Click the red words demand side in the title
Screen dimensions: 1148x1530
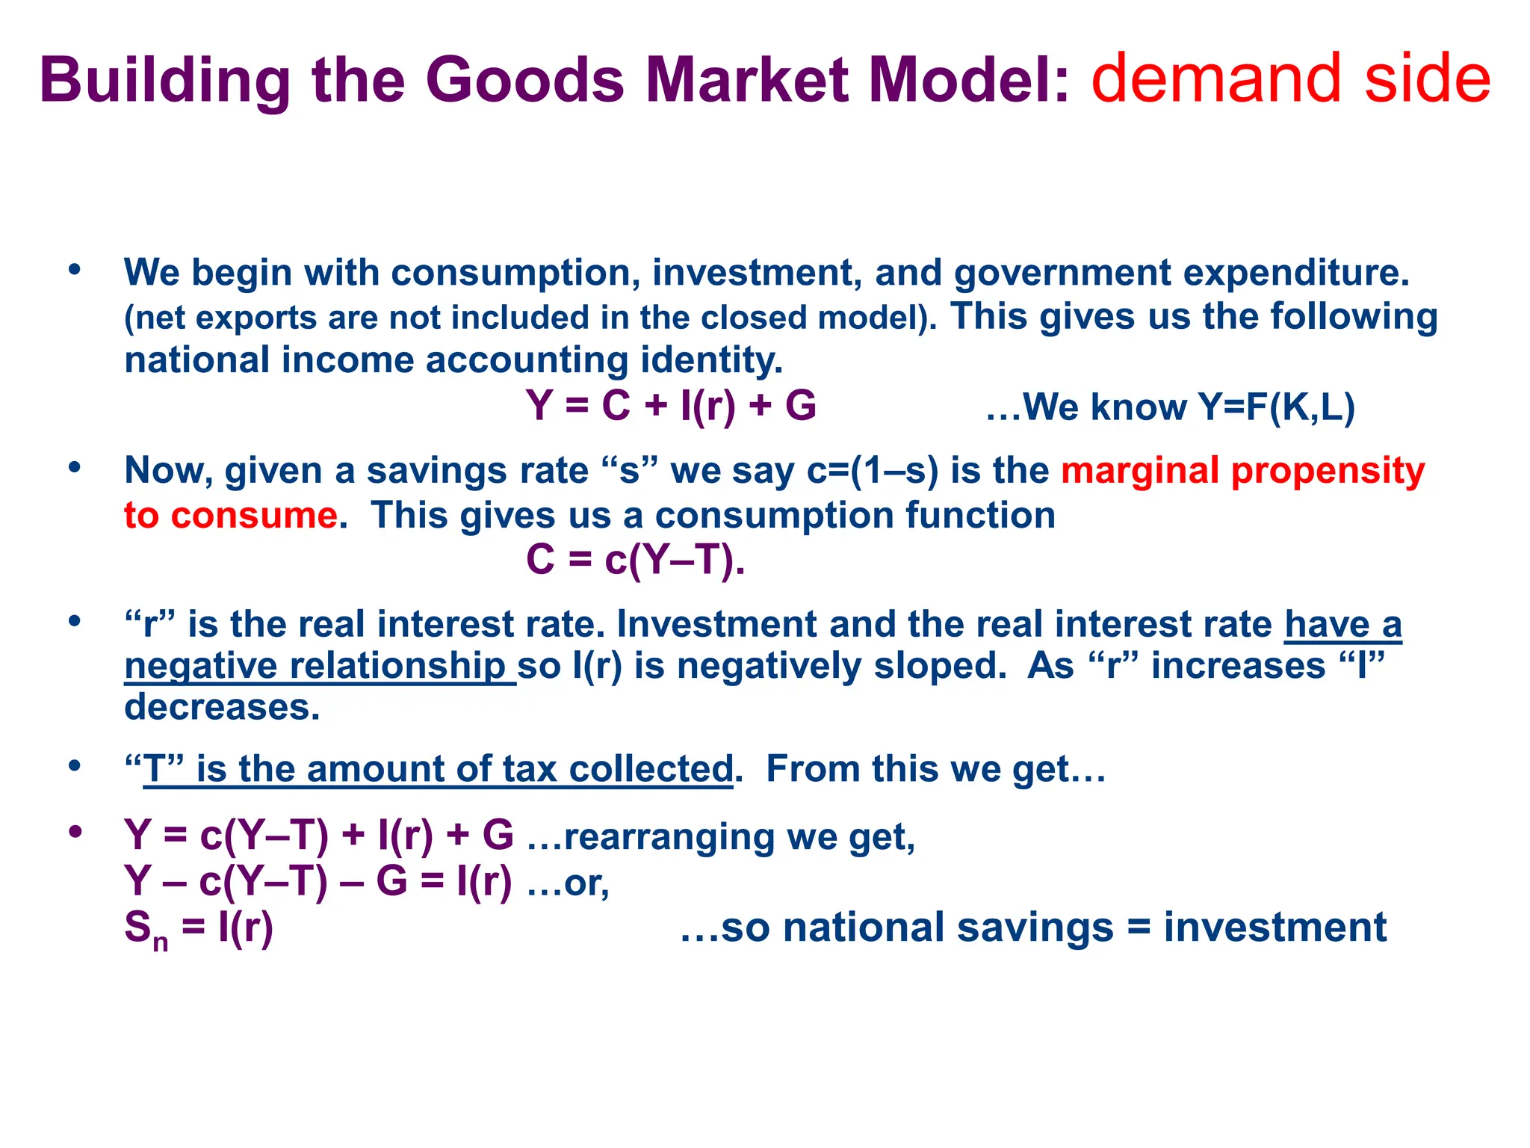click(x=1290, y=79)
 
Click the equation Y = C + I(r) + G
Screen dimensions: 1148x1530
click(x=670, y=407)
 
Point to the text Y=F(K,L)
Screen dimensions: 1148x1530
click(x=1275, y=408)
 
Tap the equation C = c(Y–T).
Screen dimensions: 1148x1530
click(x=635, y=559)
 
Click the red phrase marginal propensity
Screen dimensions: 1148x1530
click(x=1242, y=471)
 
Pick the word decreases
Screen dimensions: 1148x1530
click(x=222, y=707)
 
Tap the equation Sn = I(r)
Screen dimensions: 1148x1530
click(x=199, y=928)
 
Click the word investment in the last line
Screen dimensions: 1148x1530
click(x=1275, y=928)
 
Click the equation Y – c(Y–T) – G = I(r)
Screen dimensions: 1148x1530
click(x=318, y=881)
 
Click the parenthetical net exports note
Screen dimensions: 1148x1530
click(x=530, y=318)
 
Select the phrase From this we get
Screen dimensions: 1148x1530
click(x=934, y=769)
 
